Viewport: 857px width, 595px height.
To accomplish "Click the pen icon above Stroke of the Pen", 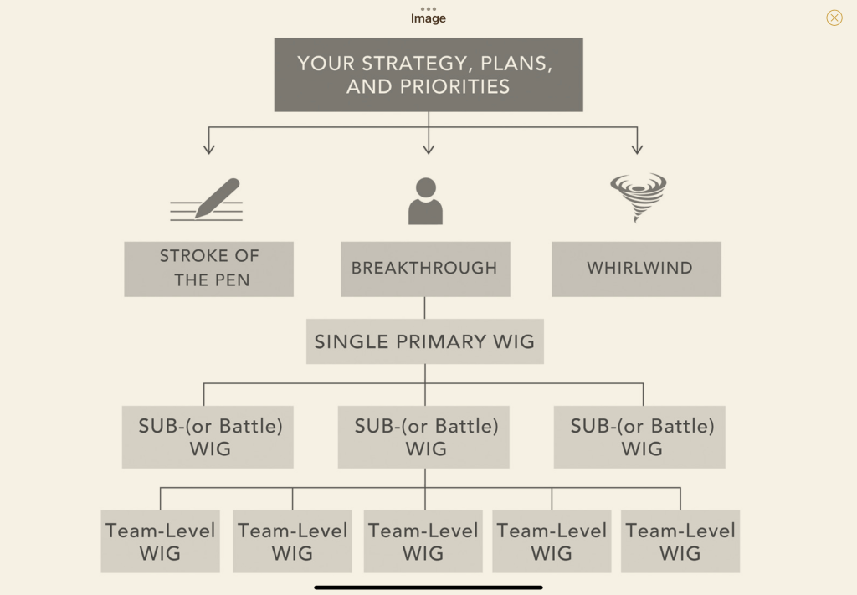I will point(208,199).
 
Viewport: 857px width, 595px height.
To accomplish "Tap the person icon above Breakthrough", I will point(425,201).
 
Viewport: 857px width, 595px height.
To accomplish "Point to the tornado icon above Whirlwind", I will point(638,197).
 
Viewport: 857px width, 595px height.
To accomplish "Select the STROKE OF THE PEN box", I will point(209,269).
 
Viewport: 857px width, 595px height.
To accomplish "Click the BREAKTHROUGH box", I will point(424,269).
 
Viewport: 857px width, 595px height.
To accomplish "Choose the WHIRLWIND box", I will point(636,269).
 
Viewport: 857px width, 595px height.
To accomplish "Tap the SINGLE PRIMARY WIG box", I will point(424,341).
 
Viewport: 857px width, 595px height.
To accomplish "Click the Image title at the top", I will point(428,18).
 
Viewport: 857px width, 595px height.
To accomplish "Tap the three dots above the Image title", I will point(428,8).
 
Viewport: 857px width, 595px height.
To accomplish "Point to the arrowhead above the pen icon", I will point(209,149).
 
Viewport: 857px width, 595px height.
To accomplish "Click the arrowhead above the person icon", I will point(428,149).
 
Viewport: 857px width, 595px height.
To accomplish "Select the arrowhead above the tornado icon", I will point(638,149).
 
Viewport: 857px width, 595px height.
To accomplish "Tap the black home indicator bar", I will point(428,587).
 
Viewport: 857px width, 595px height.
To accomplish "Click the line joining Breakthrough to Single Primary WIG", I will point(424,307).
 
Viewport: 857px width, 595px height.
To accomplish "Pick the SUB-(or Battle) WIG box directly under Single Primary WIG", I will point(424,437).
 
